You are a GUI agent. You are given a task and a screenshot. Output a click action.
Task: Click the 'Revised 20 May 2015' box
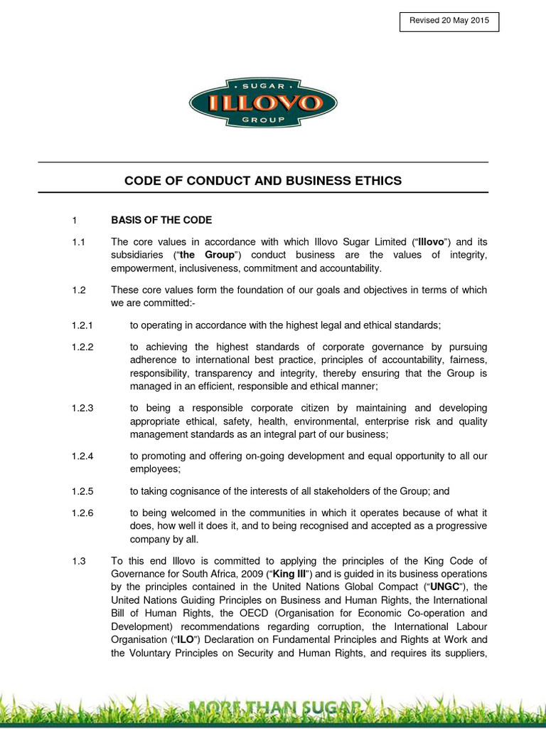449,21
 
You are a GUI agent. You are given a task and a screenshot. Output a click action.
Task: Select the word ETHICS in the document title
375,181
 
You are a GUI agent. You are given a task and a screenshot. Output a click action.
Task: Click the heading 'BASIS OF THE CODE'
161,220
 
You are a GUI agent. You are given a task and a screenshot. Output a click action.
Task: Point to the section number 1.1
78,242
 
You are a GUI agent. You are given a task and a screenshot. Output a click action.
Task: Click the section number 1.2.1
82,325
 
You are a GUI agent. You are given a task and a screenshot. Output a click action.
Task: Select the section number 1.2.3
82,408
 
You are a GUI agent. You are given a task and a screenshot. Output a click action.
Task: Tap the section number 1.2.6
82,513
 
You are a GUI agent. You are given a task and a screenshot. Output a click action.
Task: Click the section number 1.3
78,561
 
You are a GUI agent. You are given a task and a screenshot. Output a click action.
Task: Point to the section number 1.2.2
82,347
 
